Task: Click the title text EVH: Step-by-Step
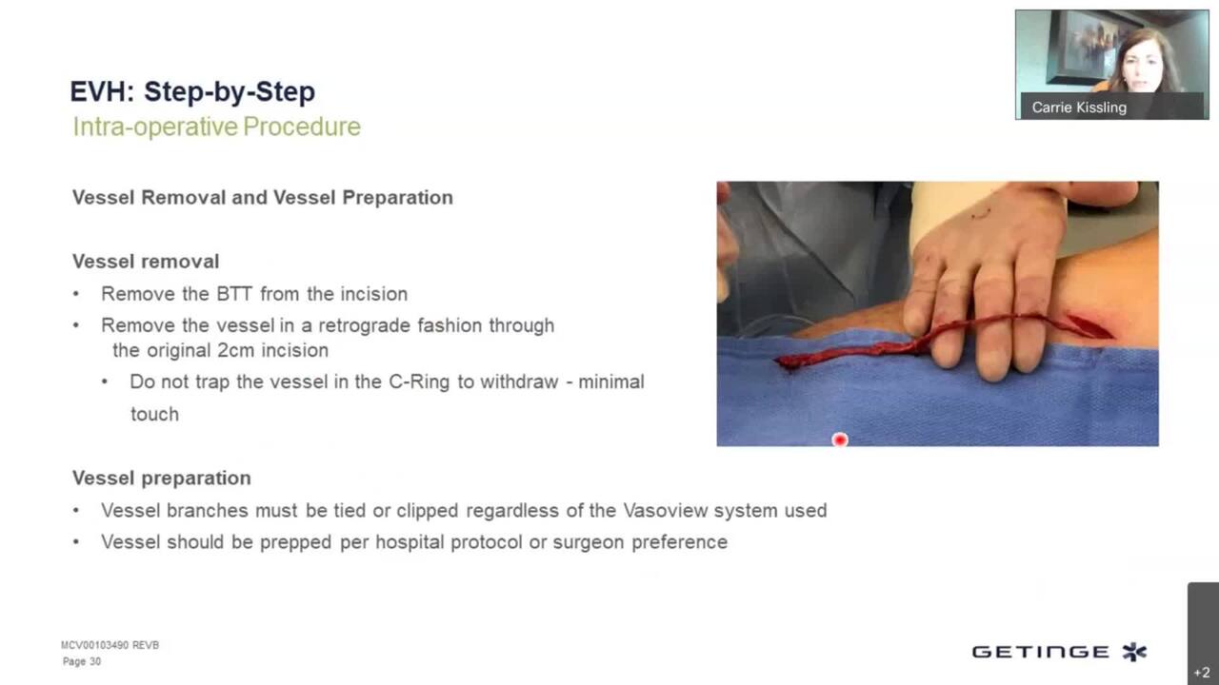[192, 91]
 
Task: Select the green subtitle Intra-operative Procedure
[216, 127]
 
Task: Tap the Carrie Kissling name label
[1079, 108]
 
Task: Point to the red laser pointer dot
[840, 440]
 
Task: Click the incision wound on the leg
[1089, 326]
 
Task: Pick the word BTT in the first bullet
[234, 294]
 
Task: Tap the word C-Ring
[419, 382]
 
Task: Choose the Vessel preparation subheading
[162, 479]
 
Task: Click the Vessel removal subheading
[146, 262]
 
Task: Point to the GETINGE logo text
[1041, 652]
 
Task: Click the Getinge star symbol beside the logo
[1134, 652]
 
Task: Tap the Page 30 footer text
[82, 661]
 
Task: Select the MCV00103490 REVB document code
[110, 645]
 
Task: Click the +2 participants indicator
[1202, 673]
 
